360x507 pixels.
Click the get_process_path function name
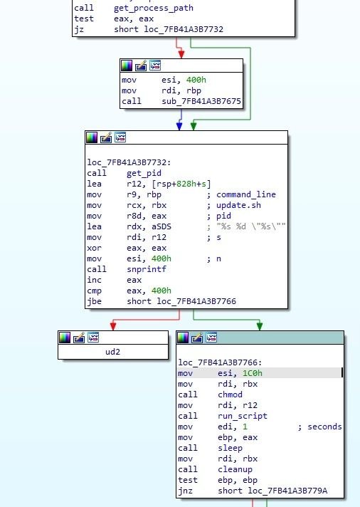pos(154,8)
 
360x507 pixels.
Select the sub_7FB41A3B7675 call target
pos(201,101)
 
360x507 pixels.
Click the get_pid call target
pos(144,173)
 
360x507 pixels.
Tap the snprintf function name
pos(147,269)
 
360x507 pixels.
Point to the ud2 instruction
pos(113,352)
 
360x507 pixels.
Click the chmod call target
pos(230,394)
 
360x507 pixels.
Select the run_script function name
pos(243,416)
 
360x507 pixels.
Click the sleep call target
pos(230,448)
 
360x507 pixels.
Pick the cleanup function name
pos(235,469)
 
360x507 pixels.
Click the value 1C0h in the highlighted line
pos(253,373)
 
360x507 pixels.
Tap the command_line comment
pos(246,194)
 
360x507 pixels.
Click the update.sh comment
pos(238,205)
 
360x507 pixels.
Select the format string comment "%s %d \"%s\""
pos(251,226)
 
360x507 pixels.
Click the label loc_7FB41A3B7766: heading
pos(220,362)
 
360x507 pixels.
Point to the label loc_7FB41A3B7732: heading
pos(129,162)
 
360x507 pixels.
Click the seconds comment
pos(324,427)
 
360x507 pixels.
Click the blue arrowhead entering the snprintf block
pos(179,127)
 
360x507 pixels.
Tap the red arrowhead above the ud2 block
pos(113,326)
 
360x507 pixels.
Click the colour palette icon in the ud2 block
pos(65,338)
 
